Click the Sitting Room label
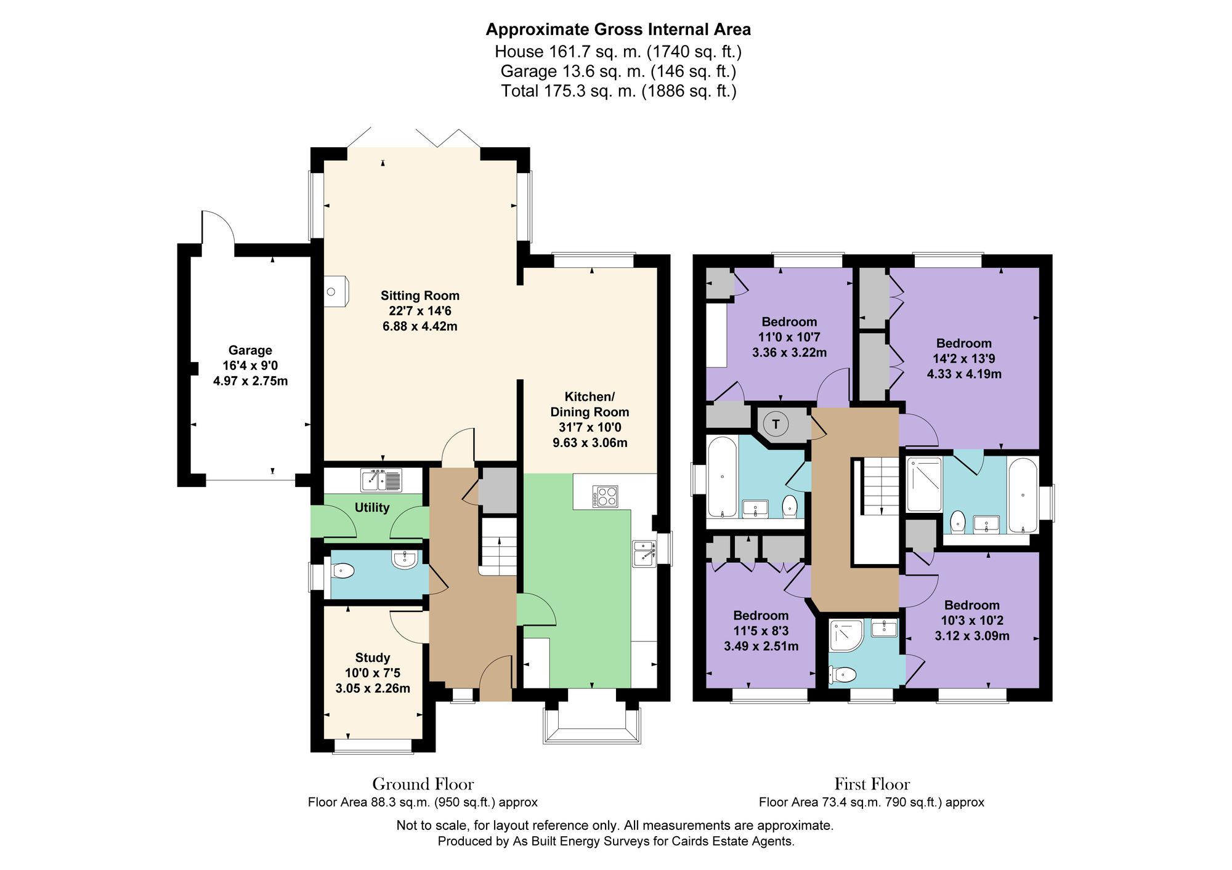419,296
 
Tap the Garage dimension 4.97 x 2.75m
250,381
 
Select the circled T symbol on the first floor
776,424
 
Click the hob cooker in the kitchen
605,496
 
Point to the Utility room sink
381,480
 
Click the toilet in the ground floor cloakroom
343,571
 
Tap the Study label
372,658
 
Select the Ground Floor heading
423,784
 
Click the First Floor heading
872,784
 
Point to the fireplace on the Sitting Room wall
336,291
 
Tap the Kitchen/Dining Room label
590,405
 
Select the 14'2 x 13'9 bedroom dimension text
964,358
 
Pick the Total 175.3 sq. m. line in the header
618,91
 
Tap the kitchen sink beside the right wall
644,552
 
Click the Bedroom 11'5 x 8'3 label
761,616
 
